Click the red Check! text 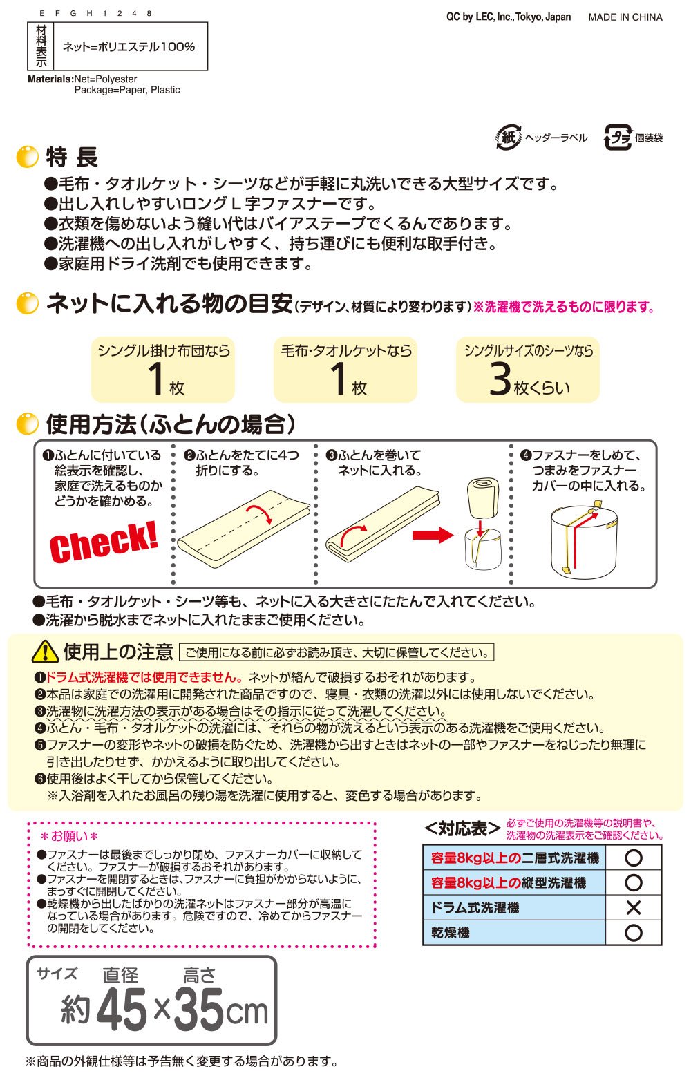coord(104,542)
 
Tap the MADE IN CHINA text coord(625,17)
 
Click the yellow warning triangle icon coord(45,651)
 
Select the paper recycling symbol coord(508,137)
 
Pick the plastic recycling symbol coord(618,138)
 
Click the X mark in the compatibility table coord(634,908)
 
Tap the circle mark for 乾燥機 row coord(634,932)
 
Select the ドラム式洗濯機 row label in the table coord(475,908)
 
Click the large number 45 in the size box coord(122,1010)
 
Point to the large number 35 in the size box coord(198,1010)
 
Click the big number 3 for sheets coord(500,378)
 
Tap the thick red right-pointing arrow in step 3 coord(433,536)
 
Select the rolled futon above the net coord(482,498)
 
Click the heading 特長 coord(72,157)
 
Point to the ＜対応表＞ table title coord(462,828)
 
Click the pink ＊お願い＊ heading coord(70,836)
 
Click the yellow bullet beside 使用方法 coord(27,424)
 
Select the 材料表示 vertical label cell coord(41,46)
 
